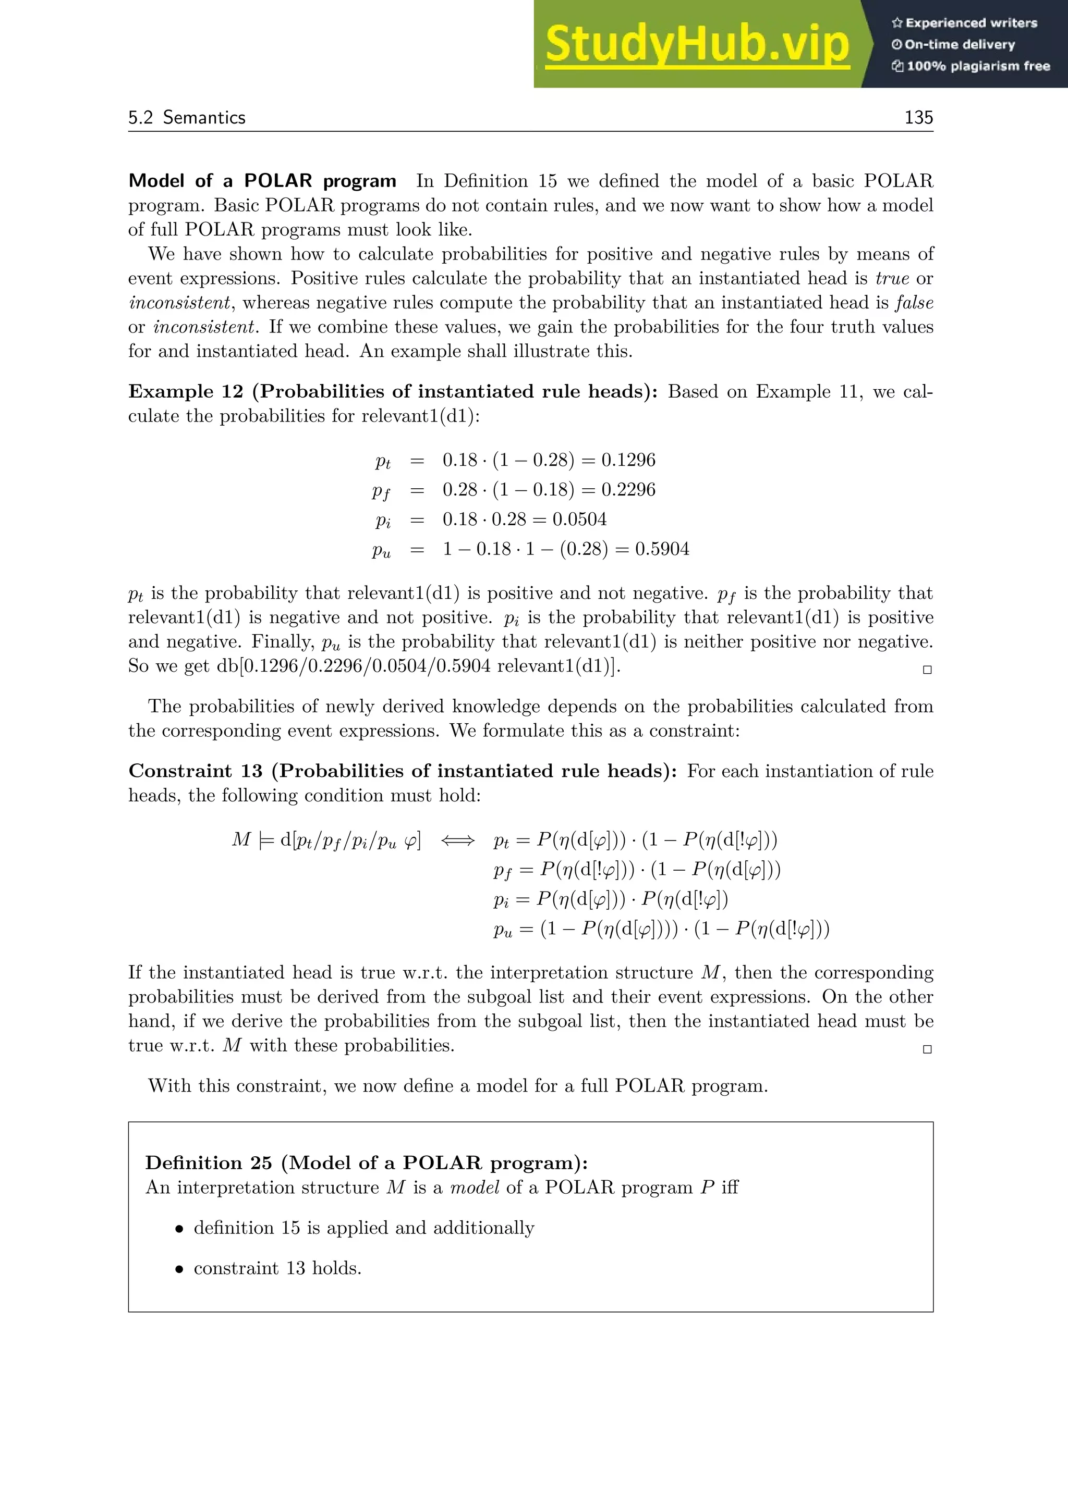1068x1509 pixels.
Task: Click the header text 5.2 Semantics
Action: point(187,118)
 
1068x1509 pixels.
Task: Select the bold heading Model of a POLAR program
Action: point(262,181)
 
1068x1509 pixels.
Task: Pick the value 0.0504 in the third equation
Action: point(579,519)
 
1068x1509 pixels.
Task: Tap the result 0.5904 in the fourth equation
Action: point(662,549)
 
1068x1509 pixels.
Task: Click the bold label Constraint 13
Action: point(196,771)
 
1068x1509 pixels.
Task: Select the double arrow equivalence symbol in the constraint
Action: point(457,840)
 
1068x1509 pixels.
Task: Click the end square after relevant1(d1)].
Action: point(927,670)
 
